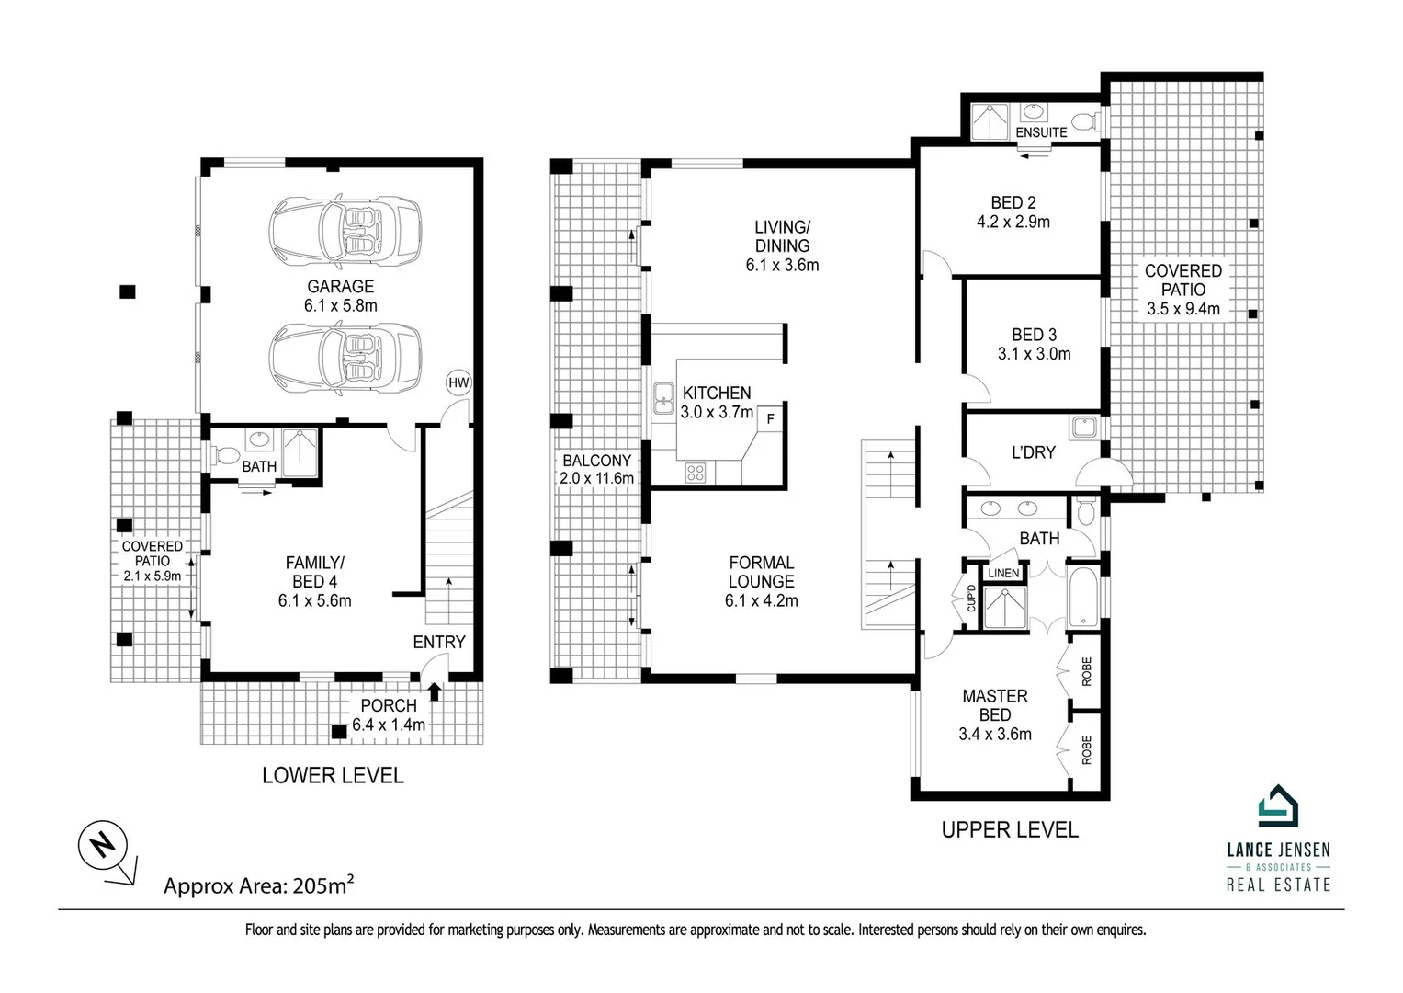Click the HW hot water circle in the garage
point(458,382)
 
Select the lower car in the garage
point(345,358)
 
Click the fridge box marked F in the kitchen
point(770,418)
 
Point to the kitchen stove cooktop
point(696,474)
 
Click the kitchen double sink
point(663,398)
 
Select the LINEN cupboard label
point(1003,573)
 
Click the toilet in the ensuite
point(1085,120)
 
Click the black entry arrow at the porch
point(435,691)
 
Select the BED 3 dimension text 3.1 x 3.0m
point(1034,354)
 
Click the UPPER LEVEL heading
point(1009,830)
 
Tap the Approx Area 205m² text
point(258,886)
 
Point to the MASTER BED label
point(994,705)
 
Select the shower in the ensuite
point(990,120)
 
